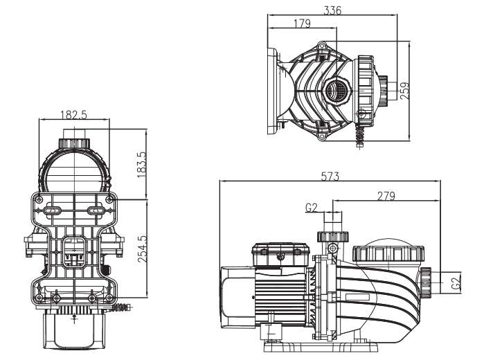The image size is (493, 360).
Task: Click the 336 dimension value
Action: point(332,10)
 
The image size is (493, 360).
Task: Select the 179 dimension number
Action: point(302,24)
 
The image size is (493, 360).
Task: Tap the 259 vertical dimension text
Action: point(405,91)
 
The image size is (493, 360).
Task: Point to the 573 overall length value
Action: point(330,177)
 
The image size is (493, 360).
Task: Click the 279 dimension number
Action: point(386,196)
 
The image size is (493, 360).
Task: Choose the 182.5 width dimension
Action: point(73,115)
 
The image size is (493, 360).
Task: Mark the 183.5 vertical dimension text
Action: point(142,165)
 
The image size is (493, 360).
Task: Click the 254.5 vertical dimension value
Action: point(142,249)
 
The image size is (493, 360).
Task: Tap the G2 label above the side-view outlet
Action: point(312,208)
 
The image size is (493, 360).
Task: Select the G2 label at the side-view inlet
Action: point(456,284)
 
